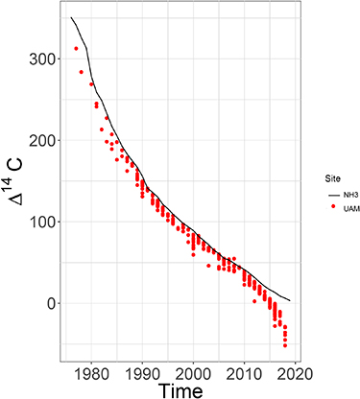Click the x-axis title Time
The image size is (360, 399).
(x=181, y=387)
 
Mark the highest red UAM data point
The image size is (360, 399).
(x=76, y=49)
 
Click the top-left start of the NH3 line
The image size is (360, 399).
(x=71, y=17)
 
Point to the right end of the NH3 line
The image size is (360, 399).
(x=290, y=300)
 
